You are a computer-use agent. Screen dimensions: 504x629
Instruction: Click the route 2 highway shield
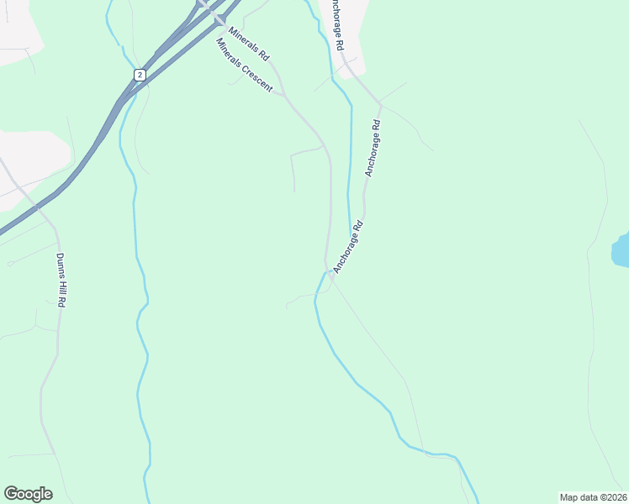pos(139,75)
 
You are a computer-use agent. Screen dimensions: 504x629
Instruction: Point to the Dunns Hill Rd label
pos(61,280)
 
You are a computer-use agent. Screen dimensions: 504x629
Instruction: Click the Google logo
pos(28,494)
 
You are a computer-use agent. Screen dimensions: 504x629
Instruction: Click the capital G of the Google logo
pos(11,493)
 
